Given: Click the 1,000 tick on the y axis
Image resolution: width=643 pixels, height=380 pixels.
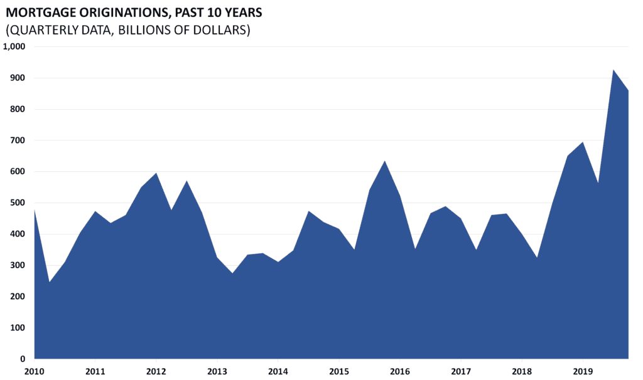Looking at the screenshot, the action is (14, 46).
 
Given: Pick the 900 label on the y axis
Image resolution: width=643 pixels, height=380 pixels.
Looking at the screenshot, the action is (18, 78).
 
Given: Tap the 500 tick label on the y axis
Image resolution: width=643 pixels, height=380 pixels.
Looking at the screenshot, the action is (18, 203).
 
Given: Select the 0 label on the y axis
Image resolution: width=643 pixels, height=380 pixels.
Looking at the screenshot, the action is (23, 359).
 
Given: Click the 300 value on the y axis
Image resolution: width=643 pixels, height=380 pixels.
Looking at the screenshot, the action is (18, 265).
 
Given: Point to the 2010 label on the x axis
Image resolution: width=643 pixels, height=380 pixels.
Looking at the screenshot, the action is (34, 371).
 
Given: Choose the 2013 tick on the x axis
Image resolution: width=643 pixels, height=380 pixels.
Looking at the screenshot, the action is (217, 371).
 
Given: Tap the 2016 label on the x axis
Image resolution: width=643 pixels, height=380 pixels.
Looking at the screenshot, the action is (400, 371).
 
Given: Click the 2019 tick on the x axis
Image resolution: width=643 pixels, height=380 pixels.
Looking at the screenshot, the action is (583, 371).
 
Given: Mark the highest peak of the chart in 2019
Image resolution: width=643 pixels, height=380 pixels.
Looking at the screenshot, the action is (613, 70).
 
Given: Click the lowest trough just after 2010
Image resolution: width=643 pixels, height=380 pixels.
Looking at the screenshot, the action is (50, 282).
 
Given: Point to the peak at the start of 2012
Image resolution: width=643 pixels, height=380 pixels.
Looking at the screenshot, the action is (156, 173).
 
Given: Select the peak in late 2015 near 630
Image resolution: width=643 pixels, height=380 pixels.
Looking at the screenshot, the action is (385, 161).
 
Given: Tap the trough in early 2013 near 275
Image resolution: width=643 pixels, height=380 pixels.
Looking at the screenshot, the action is (232, 273).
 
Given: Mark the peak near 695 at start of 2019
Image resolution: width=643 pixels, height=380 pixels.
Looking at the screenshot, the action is (583, 142).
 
